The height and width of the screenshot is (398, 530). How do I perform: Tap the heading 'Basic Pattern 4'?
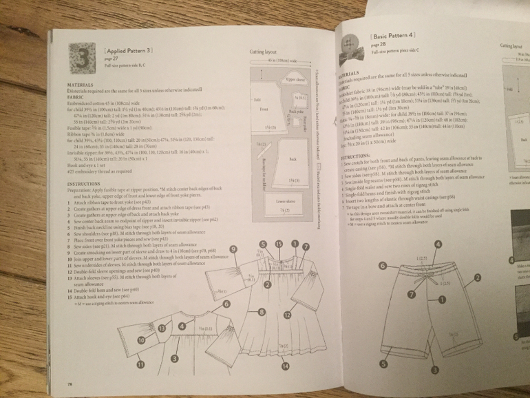(x=393, y=34)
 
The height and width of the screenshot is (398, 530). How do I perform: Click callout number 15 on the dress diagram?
(x=279, y=244)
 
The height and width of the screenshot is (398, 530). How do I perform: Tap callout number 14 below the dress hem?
(x=285, y=368)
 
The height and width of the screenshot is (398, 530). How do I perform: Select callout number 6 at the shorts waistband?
(x=383, y=265)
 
